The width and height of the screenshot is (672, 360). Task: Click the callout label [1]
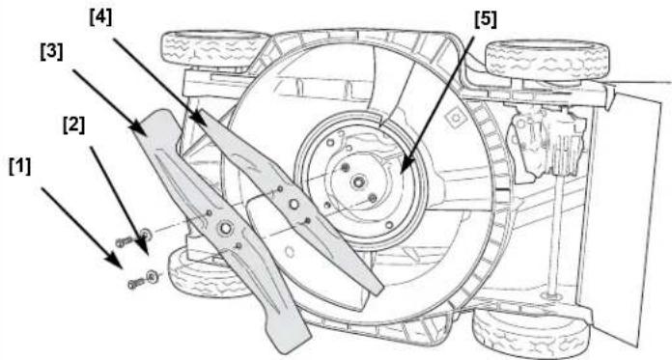point(19,167)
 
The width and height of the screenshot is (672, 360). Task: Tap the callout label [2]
point(73,125)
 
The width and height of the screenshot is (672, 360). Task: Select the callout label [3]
point(51,52)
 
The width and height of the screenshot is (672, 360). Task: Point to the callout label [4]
point(100,18)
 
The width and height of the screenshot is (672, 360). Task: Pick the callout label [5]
point(486,19)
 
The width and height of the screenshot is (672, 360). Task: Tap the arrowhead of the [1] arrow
point(115,261)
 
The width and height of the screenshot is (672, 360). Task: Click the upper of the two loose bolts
point(126,242)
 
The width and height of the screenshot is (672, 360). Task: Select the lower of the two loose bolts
point(137,283)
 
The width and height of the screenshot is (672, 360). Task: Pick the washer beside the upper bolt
point(146,235)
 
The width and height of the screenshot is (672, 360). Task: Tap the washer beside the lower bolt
point(153,276)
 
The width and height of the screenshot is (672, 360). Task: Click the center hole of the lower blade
point(225,228)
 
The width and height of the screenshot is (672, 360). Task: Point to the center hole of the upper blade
point(294,204)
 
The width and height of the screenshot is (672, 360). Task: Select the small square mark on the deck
point(455,116)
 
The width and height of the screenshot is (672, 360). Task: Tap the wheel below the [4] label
point(215,48)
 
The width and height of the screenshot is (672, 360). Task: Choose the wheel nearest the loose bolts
point(206,273)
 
